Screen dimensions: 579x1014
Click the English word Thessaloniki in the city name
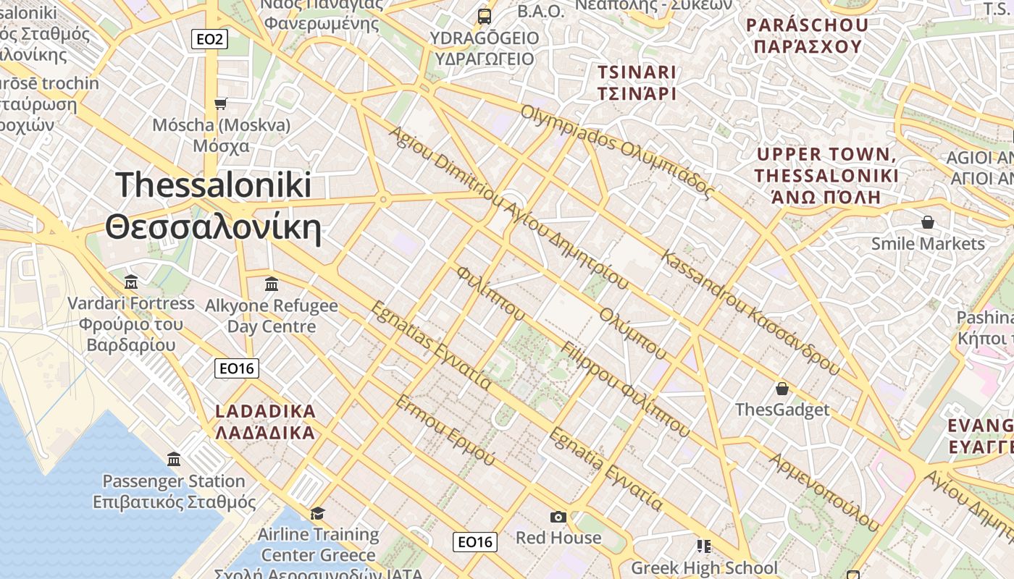[214, 185]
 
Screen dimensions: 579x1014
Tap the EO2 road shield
[209, 39]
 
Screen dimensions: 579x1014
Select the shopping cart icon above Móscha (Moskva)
[221, 103]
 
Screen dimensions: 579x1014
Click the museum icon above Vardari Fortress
[131, 282]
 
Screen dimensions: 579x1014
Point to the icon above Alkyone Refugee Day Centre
[272, 284]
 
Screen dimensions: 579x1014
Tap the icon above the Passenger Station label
[174, 460]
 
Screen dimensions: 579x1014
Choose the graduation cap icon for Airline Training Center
[317, 513]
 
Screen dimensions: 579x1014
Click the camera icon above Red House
[558, 517]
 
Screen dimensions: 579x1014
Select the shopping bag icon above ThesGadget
[782, 389]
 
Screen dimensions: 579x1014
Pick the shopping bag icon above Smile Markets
[928, 222]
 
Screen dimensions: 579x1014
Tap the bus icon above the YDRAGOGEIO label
[484, 16]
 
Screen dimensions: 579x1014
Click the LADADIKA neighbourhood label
[266, 412]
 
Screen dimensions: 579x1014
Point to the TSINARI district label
[637, 72]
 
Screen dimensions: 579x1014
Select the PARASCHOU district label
[808, 25]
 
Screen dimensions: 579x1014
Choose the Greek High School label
[704, 567]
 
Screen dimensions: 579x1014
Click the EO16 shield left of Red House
[475, 541]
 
